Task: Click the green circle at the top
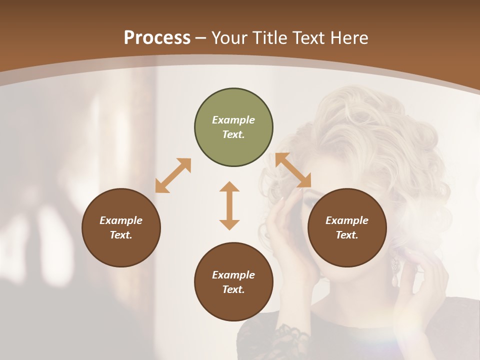[x=233, y=127]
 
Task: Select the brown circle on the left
[x=121, y=228]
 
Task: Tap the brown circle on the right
[x=347, y=228]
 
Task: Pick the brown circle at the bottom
[x=233, y=282]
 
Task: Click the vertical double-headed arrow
[x=229, y=205]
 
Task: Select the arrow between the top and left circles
[x=173, y=175]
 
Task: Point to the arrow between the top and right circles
[x=293, y=170]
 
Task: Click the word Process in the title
[x=157, y=37]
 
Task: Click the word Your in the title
[x=228, y=37]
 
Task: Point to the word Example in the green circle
[x=233, y=120]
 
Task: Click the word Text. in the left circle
[x=121, y=235]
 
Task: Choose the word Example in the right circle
[x=347, y=220]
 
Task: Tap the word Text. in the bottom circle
[x=233, y=289]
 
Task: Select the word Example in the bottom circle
[x=233, y=275]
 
